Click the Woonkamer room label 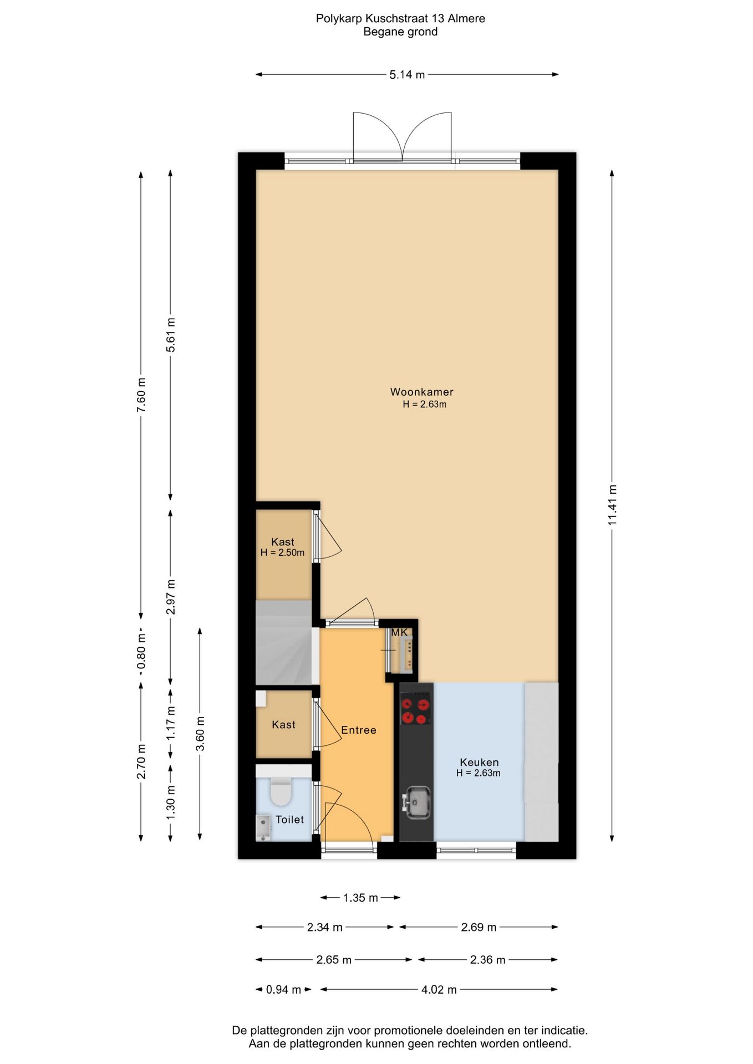[421, 392]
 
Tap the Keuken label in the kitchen [479, 762]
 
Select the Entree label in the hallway [359, 730]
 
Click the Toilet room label [289, 819]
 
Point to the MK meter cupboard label [399, 632]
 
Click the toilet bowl [281, 791]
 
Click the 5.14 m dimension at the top [407, 74]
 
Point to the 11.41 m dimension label [612, 505]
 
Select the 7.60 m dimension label [141, 394]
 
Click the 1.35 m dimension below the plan [360, 898]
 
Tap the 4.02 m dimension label [439, 989]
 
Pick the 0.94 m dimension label [283, 989]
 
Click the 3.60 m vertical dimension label [200, 733]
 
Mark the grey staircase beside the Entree [283, 642]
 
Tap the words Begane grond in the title [400, 32]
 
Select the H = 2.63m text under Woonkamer [424, 405]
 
